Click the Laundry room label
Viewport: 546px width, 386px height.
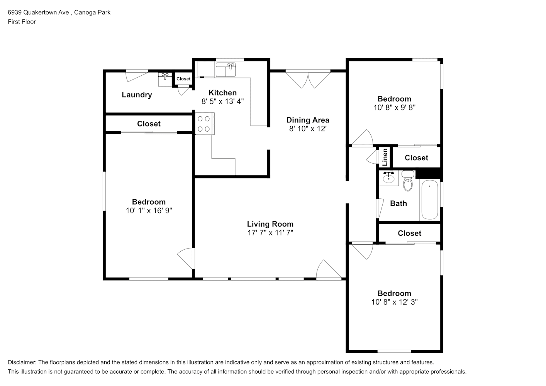[x=137, y=95]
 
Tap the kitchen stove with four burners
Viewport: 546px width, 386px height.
[x=205, y=124]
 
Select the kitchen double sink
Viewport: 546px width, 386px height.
[x=226, y=69]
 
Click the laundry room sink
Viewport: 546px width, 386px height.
[x=165, y=79]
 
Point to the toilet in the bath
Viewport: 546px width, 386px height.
[x=408, y=181]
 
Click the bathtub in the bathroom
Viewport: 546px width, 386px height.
[x=430, y=200]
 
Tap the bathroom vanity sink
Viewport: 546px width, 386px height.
[x=388, y=178]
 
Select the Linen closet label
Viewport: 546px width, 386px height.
[x=385, y=157]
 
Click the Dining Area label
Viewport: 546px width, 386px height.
[x=308, y=120]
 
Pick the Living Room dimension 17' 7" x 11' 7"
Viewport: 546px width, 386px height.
[x=270, y=233]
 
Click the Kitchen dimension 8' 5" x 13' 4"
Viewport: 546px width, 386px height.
[x=222, y=102]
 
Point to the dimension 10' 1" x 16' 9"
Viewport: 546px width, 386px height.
[x=149, y=210]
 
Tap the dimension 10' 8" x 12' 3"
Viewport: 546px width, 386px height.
[x=394, y=302]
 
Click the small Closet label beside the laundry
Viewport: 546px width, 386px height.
[x=183, y=79]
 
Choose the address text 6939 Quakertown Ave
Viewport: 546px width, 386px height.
[x=38, y=12]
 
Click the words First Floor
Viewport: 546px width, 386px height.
[x=22, y=22]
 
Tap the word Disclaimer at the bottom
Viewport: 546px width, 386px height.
[x=22, y=362]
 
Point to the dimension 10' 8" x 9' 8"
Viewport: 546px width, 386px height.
[x=394, y=107]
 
